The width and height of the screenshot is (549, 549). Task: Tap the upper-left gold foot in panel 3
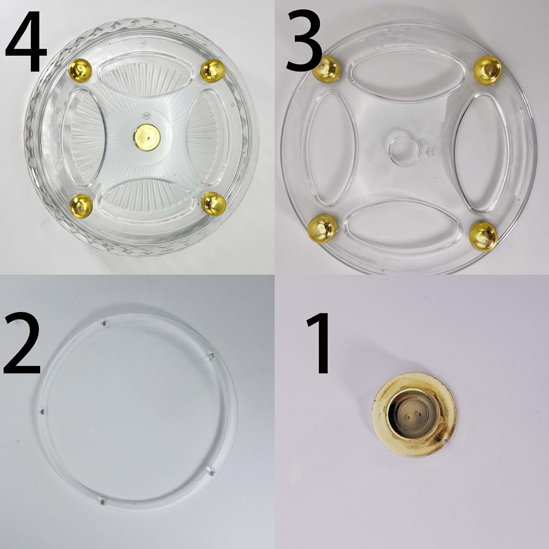327,66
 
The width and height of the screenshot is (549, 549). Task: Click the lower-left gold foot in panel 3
322,227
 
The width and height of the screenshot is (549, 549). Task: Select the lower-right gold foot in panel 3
483,233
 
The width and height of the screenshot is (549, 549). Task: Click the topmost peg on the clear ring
105,323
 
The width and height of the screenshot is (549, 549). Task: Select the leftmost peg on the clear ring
42,412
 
